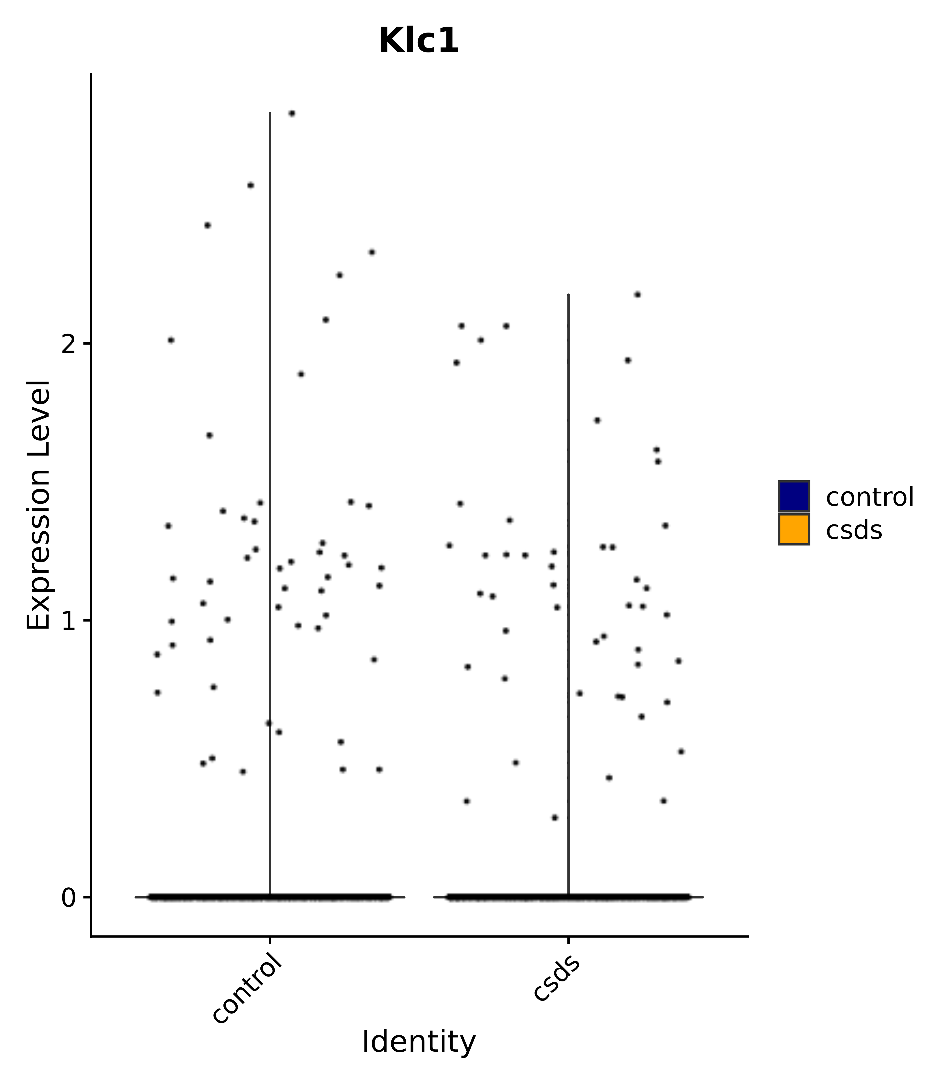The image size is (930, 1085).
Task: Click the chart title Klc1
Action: (x=419, y=41)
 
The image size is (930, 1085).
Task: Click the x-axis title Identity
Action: (x=419, y=1042)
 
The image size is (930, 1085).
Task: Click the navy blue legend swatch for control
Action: (x=793, y=496)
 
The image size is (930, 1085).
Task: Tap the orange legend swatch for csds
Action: (x=793, y=529)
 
